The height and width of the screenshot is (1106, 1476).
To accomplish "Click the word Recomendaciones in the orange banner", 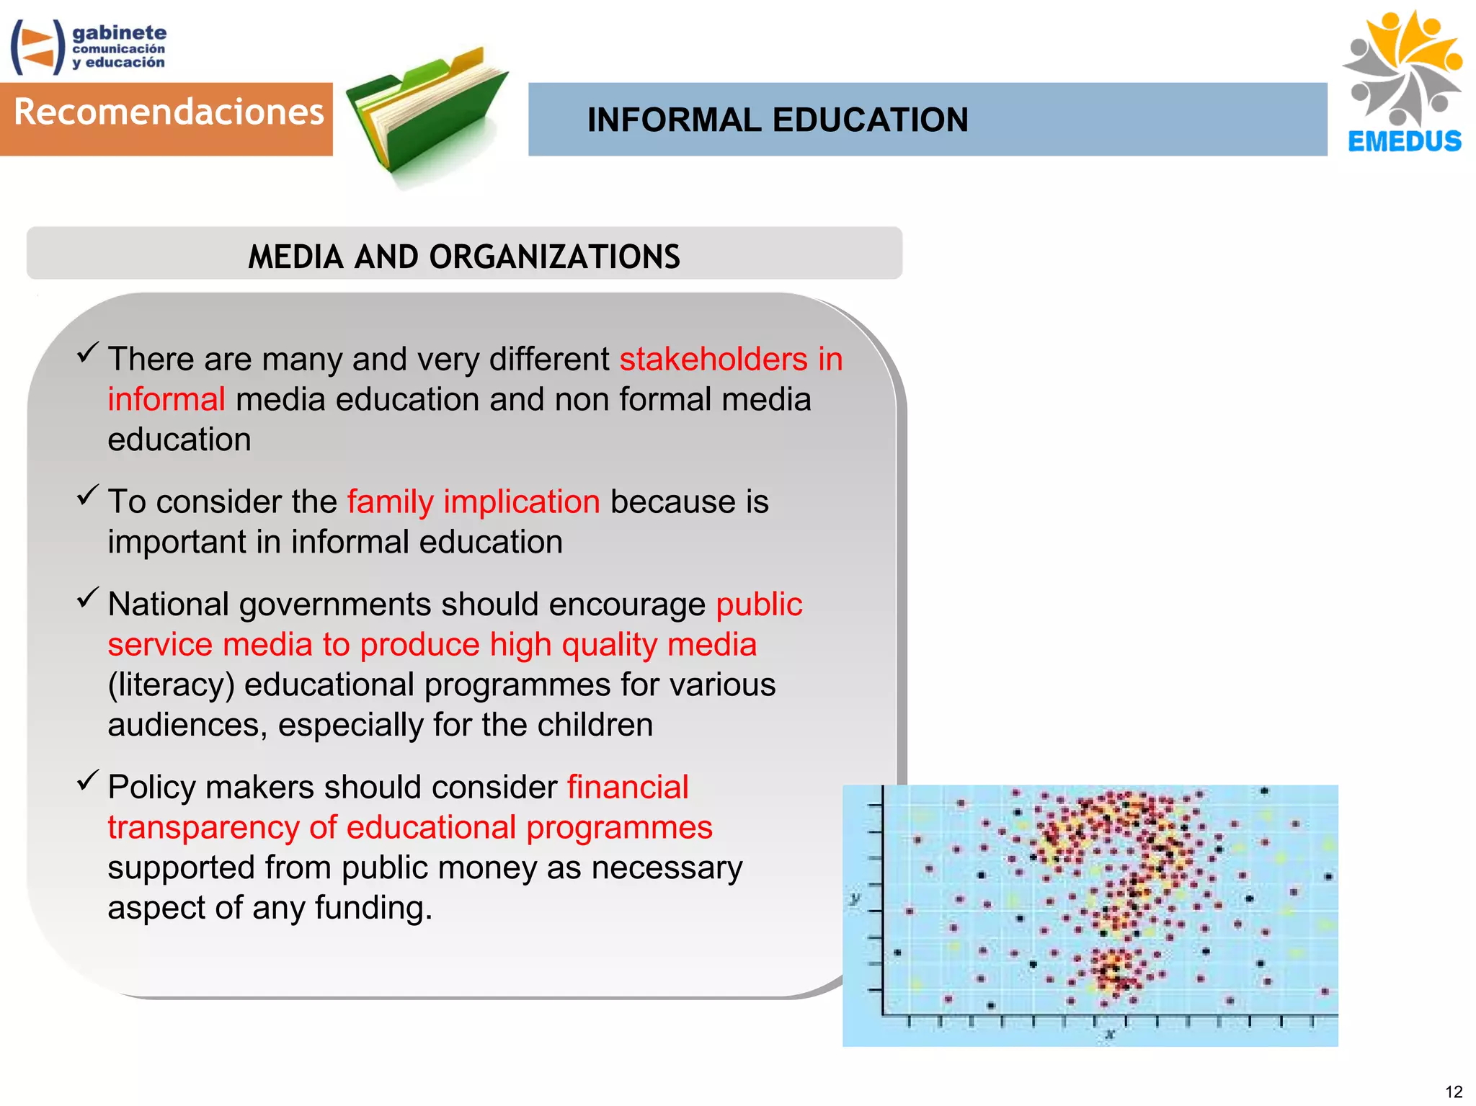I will (x=169, y=113).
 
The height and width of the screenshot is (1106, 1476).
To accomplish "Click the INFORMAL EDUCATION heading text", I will (x=777, y=120).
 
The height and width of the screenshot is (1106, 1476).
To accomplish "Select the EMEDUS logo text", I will (x=1404, y=141).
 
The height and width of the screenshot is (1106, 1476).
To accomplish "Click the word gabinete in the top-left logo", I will (x=119, y=32).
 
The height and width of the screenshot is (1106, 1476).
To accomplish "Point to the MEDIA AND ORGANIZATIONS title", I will (x=463, y=257).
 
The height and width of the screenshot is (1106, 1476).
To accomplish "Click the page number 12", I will (x=1453, y=1092).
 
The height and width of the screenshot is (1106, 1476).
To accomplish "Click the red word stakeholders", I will (x=713, y=359).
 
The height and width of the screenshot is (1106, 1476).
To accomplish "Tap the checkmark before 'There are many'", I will (x=87, y=352).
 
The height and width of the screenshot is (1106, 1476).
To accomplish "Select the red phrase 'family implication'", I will (x=474, y=501).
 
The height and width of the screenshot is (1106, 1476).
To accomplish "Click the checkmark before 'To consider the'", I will (x=87, y=495).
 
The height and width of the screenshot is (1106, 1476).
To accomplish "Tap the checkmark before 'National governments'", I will (x=87, y=597).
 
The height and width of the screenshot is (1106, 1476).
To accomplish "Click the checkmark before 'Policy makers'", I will (x=87, y=780).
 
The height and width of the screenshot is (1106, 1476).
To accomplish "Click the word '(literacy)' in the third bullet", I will (x=171, y=685).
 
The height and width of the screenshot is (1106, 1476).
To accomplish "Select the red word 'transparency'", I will (x=203, y=827).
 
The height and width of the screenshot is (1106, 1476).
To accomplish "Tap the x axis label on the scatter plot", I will (x=1110, y=1035).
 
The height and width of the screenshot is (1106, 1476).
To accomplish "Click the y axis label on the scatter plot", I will (x=855, y=898).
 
